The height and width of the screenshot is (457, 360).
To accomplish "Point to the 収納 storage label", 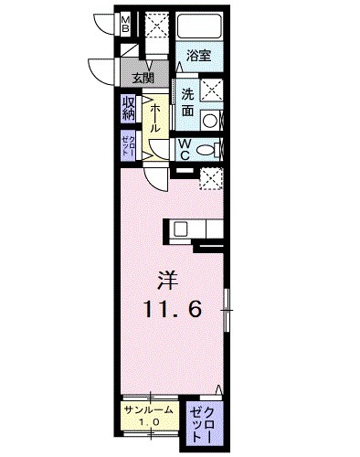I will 128,110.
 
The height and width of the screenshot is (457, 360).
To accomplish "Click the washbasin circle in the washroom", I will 209,119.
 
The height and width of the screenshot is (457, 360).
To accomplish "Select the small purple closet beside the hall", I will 127,146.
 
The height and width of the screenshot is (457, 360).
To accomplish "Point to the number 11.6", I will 171,310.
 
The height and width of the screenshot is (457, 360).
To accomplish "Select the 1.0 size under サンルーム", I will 149,422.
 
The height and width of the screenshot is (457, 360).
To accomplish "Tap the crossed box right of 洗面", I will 212,90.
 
